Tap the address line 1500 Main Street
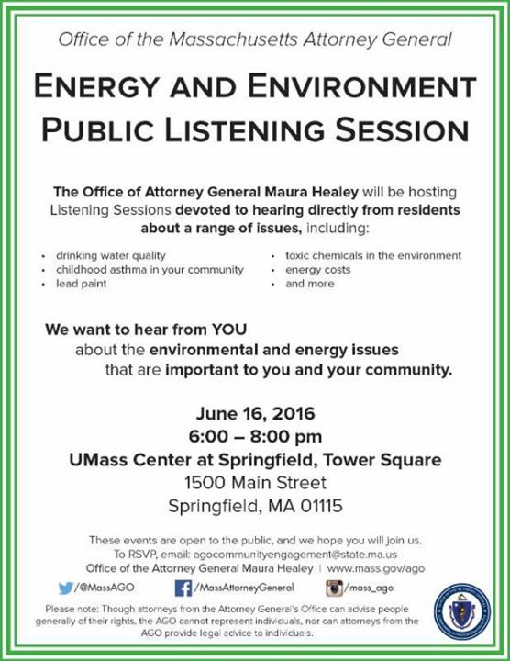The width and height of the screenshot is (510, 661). pos(254,482)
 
